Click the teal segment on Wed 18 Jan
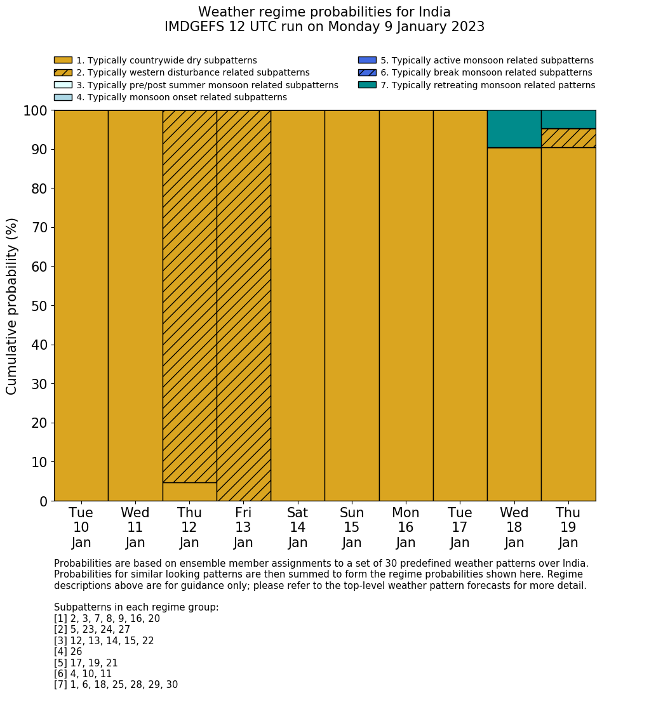tap(514, 129)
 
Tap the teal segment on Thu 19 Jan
tap(568, 119)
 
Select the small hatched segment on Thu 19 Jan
tap(568, 138)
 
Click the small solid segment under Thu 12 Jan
tap(189, 492)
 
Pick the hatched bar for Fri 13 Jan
tap(243, 305)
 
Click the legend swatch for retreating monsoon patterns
tap(367, 85)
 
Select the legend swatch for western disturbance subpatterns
tap(63, 73)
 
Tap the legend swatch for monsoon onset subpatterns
tap(63, 97)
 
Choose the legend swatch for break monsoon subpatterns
tap(367, 73)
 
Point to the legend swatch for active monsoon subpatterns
tap(367, 60)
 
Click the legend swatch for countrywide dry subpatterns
tap(63, 60)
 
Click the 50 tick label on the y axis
tap(39, 306)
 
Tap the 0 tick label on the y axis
tap(43, 501)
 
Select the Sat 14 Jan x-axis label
tap(297, 527)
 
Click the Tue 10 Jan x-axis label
tap(81, 527)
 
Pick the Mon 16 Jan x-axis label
tap(406, 527)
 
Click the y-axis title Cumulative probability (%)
tap(12, 306)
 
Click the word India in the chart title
tap(434, 12)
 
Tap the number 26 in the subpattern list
tap(76, 652)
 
